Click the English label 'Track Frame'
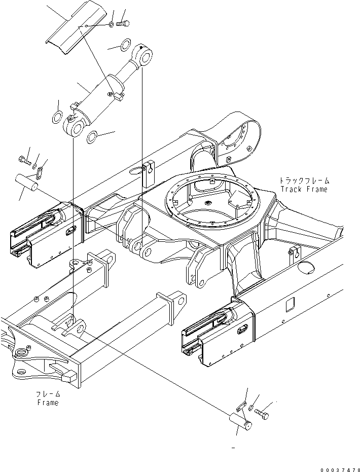(x=304, y=189)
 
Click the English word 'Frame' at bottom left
(x=48, y=403)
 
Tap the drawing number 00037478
(x=340, y=470)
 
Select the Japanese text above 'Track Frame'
(x=304, y=180)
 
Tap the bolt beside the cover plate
(x=123, y=23)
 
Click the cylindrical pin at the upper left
(x=26, y=183)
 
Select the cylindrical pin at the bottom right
(x=240, y=421)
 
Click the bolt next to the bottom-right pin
(x=261, y=414)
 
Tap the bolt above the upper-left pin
(x=25, y=160)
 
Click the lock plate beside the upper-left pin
(x=40, y=174)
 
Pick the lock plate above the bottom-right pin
(x=242, y=407)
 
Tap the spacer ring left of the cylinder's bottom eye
(x=57, y=117)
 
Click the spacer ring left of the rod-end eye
(x=125, y=45)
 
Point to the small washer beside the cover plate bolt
(x=111, y=24)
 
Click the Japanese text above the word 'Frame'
(x=48, y=394)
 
